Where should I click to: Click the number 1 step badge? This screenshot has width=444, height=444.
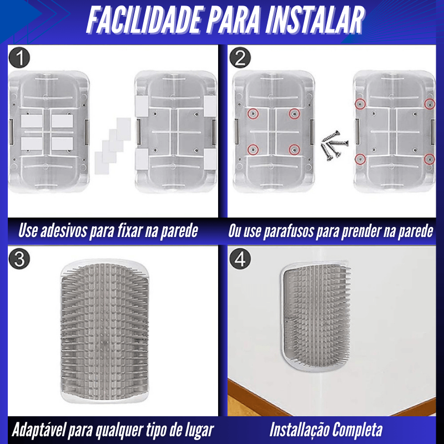coord(19,58)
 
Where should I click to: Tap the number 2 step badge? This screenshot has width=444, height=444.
coord(240,58)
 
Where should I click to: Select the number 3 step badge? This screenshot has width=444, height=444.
coord(19,259)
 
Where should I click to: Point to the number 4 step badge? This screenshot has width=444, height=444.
coord(240,259)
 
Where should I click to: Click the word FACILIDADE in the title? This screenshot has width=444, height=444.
coord(144,21)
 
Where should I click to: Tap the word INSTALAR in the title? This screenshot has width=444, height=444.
coord(315,21)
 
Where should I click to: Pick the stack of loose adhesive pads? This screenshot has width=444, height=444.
coord(113,146)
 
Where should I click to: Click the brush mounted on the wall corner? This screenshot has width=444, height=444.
coord(316,316)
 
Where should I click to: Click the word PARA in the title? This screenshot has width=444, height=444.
coord(233,21)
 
